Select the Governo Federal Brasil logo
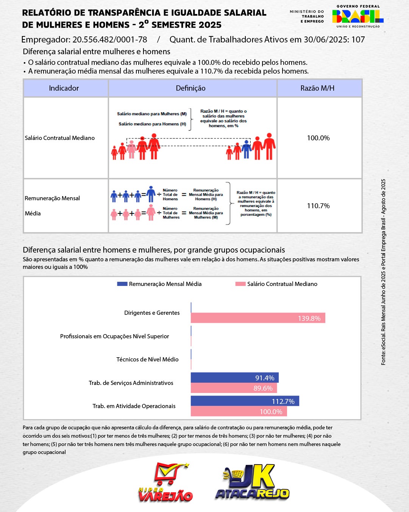[x=358, y=16]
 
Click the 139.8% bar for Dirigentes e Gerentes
[x=258, y=318]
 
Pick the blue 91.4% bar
[x=234, y=378]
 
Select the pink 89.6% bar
[x=234, y=388]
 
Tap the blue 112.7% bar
[x=245, y=401]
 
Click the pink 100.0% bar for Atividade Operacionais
[x=239, y=411]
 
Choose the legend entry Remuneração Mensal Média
[x=159, y=284]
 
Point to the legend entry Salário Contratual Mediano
[x=276, y=284]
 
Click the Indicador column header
[x=64, y=88]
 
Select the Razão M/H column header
[x=317, y=88]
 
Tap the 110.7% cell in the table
[x=318, y=206]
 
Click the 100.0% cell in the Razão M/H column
[x=318, y=138]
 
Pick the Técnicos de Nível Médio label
[x=147, y=360]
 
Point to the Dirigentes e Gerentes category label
[x=152, y=313]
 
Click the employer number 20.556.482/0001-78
[x=110, y=40]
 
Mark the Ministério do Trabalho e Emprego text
[x=307, y=17]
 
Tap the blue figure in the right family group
[x=247, y=149]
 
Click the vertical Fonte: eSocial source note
[x=383, y=272]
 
